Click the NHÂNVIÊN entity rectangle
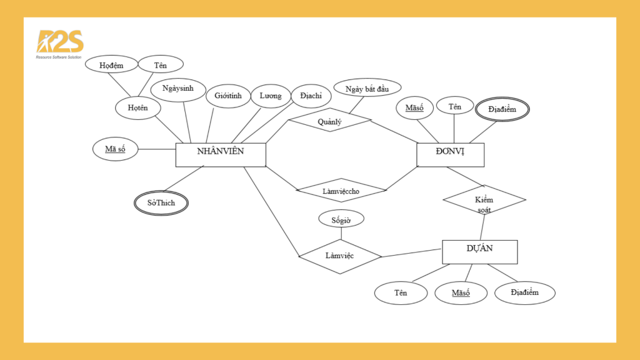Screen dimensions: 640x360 (x=221, y=155)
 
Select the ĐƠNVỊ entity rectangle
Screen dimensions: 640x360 (x=450, y=155)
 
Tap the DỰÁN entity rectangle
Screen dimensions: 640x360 (x=479, y=252)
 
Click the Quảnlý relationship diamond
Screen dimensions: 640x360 (x=330, y=120)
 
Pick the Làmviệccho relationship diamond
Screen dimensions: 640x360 (x=341, y=190)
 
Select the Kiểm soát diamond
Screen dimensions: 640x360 (x=484, y=200)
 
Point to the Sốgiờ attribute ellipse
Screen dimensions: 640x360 (x=341, y=219)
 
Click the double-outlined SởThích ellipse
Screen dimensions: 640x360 (x=161, y=203)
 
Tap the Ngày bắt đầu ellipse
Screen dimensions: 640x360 (x=367, y=87)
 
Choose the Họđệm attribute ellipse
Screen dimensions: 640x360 (x=111, y=64)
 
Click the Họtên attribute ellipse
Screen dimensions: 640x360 (x=138, y=108)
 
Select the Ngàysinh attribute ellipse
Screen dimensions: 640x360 (x=178, y=89)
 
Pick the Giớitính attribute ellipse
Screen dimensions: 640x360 (x=228, y=96)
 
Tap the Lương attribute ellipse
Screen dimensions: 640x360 (x=271, y=96)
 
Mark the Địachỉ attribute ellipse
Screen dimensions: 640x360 (x=311, y=96)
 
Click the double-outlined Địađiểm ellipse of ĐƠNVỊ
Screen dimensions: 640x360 (x=502, y=109)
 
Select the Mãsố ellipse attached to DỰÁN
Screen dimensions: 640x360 (x=461, y=293)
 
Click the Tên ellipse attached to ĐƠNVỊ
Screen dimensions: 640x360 (x=455, y=106)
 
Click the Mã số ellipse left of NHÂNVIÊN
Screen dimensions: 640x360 (x=116, y=149)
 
